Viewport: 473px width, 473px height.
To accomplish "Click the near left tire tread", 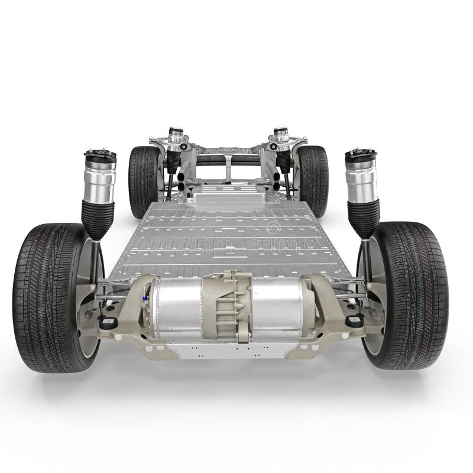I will point(41,296).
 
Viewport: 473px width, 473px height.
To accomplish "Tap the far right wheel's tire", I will point(313,180).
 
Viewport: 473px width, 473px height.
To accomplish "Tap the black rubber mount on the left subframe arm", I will point(108,323).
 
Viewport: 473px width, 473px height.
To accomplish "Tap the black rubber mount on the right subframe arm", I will point(354,321).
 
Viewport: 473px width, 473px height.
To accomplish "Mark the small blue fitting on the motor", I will point(144,300).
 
